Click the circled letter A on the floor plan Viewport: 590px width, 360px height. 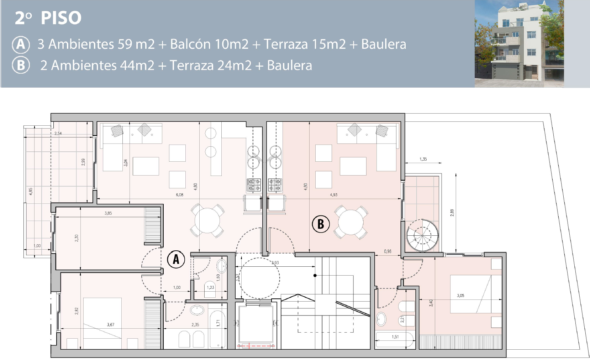pyautogui.click(x=176, y=259)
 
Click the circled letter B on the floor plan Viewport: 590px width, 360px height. pyautogui.click(x=321, y=224)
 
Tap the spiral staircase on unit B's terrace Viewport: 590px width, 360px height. pyautogui.click(x=422, y=235)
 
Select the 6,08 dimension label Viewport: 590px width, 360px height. pyautogui.click(x=179, y=195)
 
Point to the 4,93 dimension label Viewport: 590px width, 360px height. pyautogui.click(x=333, y=195)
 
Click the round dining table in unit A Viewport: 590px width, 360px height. pyautogui.click(x=207, y=220)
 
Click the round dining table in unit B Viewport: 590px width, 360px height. pyautogui.click(x=351, y=222)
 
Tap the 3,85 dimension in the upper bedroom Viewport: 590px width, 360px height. pyautogui.click(x=108, y=213)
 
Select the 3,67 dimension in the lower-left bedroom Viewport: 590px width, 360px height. pyautogui.click(x=110, y=325)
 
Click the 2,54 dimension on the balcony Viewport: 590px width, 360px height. pyautogui.click(x=58, y=134)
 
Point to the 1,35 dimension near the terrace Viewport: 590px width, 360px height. pyautogui.click(x=423, y=159)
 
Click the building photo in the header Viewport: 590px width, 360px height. pyautogui.click(x=519, y=43)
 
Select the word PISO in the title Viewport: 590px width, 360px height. pyautogui.click(x=61, y=18)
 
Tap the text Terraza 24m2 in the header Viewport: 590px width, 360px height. pyautogui.click(x=210, y=66)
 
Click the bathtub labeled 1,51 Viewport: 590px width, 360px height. pyautogui.click(x=395, y=340)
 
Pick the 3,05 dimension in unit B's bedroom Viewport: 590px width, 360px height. pyautogui.click(x=460, y=296)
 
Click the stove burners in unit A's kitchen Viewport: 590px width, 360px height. pyautogui.click(x=254, y=185)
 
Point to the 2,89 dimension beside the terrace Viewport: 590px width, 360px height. pyautogui.click(x=452, y=213)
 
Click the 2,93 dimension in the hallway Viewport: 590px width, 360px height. pyautogui.click(x=275, y=263)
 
